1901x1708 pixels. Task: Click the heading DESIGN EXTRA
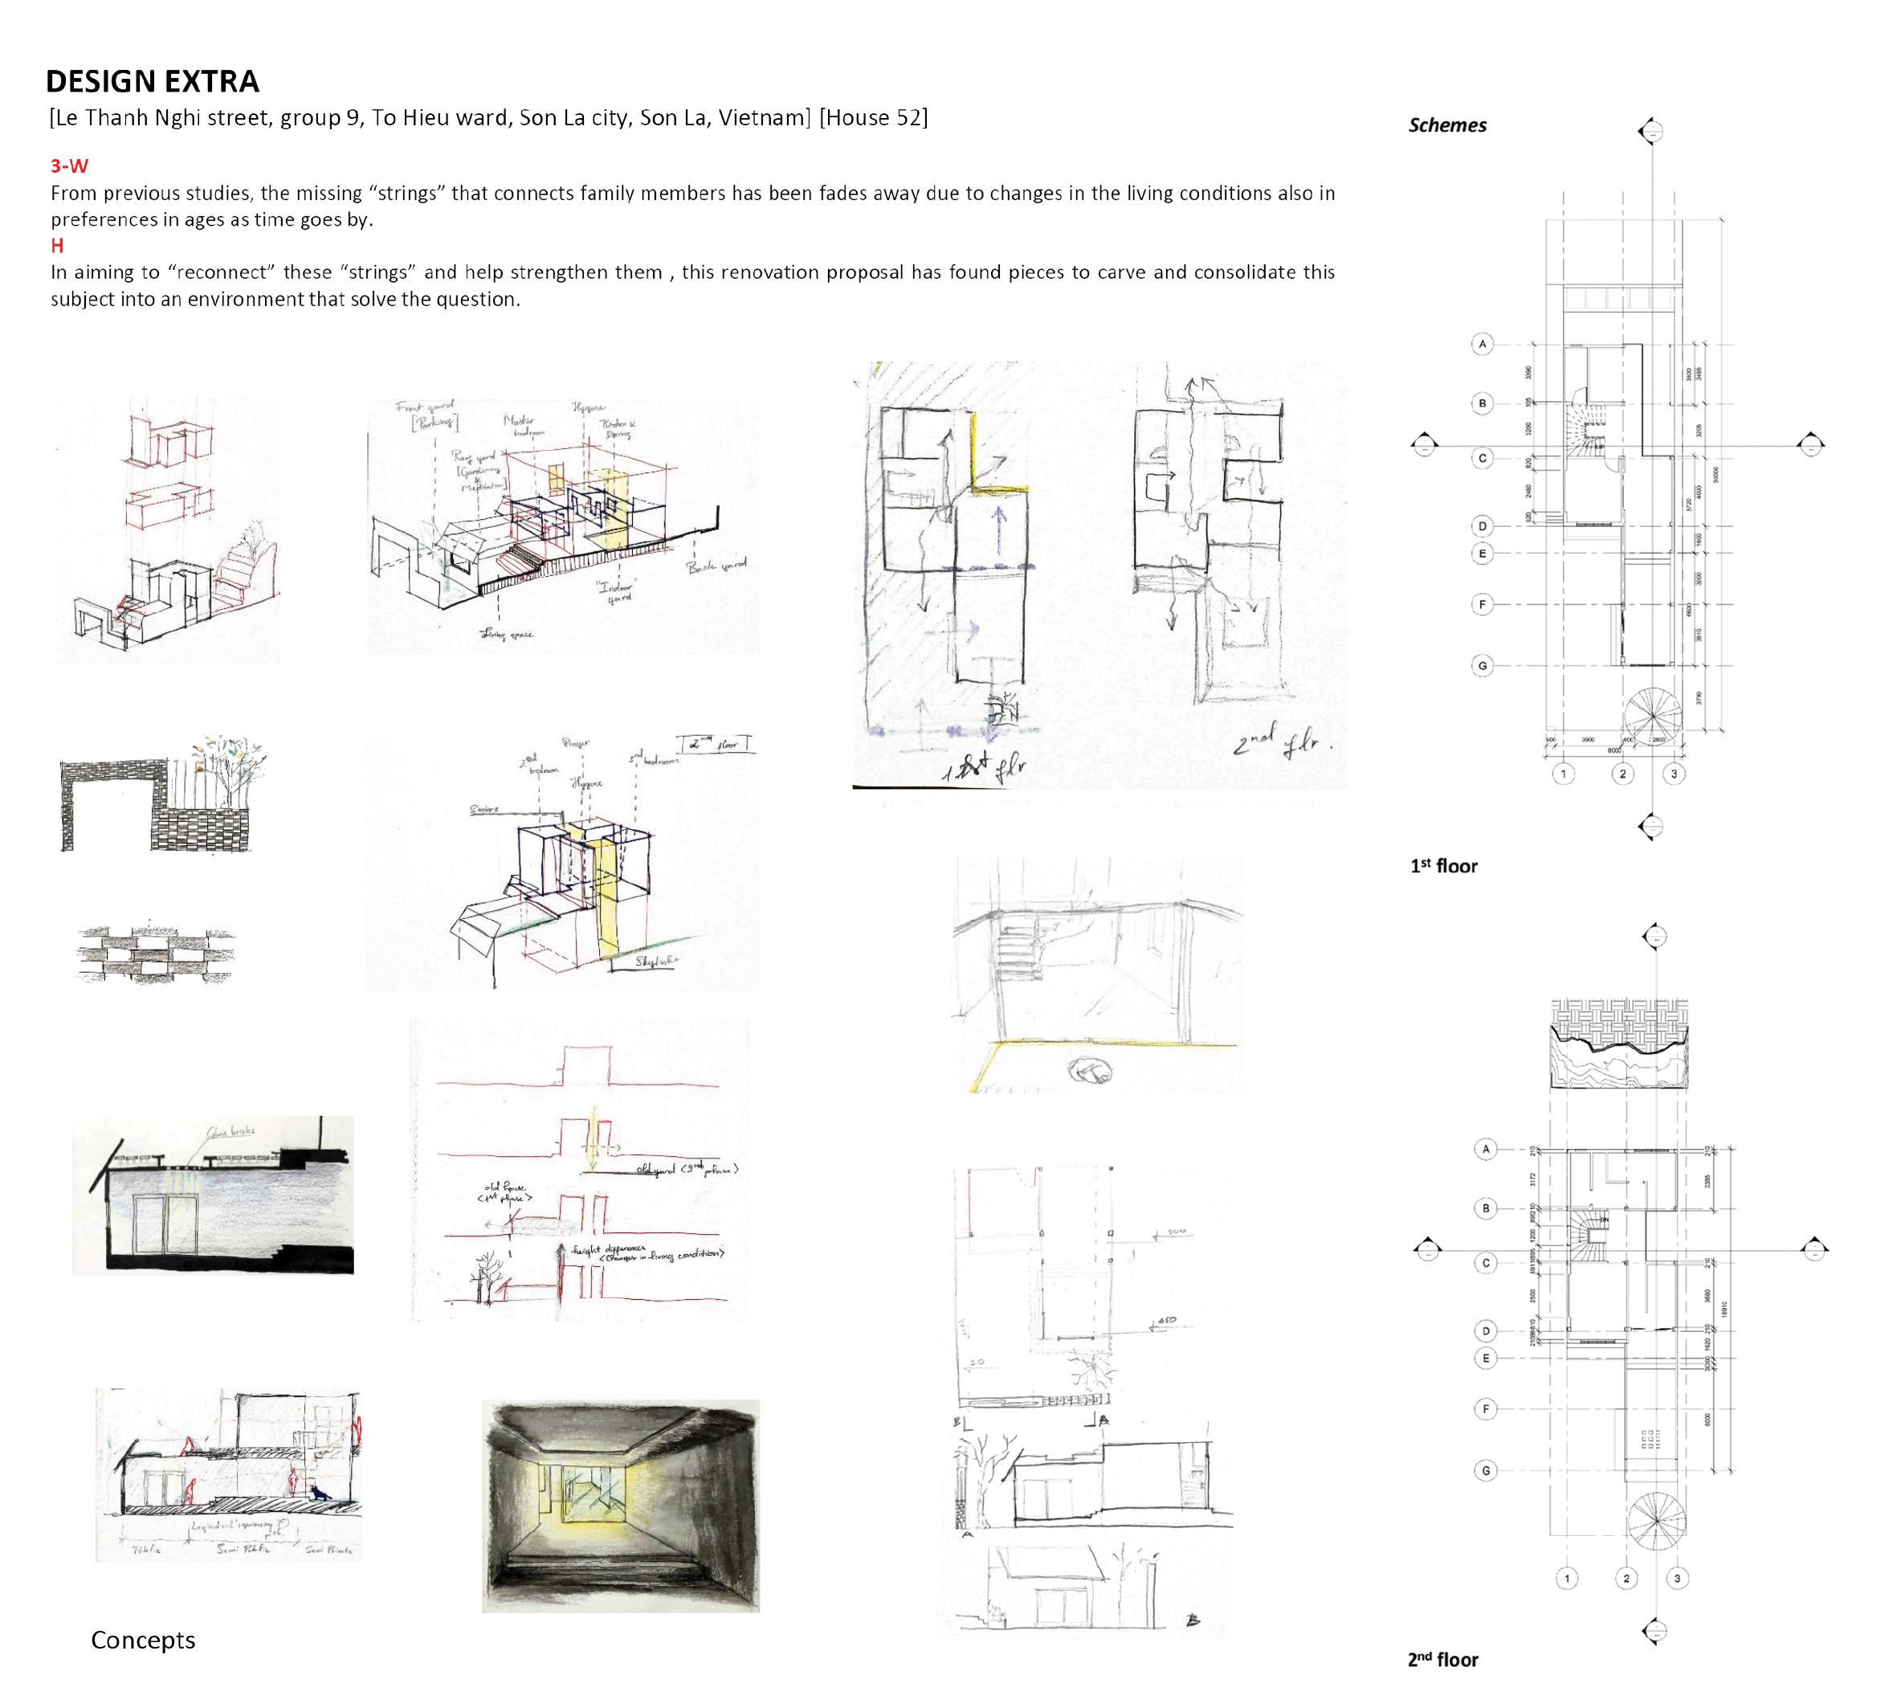click(x=152, y=82)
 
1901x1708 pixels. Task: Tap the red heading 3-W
click(x=69, y=166)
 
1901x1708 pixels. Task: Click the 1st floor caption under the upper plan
click(x=1443, y=866)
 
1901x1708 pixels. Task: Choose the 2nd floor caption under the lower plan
click(x=1442, y=1659)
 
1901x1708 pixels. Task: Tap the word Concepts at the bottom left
click(x=143, y=1640)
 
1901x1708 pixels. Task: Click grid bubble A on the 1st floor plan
click(x=1483, y=345)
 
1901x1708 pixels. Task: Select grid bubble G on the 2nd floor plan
click(x=1485, y=1470)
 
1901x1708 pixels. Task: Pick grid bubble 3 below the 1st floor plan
click(x=1674, y=774)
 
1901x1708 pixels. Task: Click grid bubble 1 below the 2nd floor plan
click(x=1567, y=1579)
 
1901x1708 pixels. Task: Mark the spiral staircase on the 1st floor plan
click(x=1655, y=717)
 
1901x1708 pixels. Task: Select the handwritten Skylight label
click(x=658, y=962)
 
